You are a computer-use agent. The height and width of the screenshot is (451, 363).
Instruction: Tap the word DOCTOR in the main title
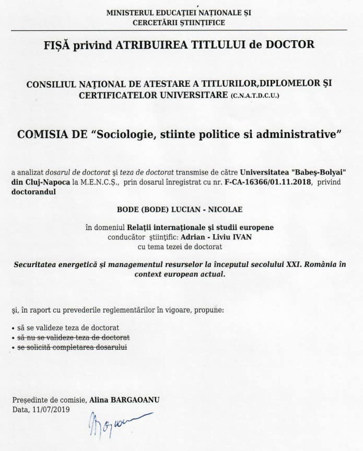tap(290, 44)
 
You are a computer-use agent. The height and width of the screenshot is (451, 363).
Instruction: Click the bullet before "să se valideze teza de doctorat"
tap(14, 328)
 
